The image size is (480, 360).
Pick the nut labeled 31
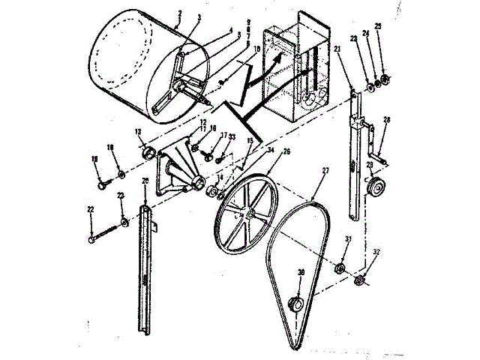(x=339, y=268)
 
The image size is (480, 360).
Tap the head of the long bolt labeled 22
(x=91, y=240)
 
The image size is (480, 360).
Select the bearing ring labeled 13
(x=147, y=154)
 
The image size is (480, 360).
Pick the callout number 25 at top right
(x=378, y=26)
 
